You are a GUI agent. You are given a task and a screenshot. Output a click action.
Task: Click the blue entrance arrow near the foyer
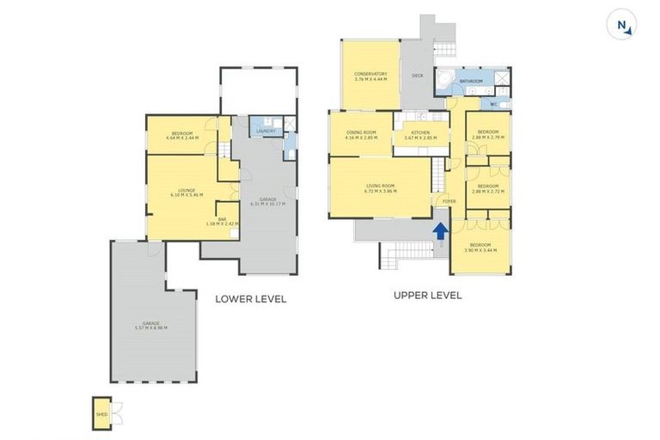coord(440,230)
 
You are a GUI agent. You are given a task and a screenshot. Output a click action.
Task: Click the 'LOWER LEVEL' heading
coord(251,299)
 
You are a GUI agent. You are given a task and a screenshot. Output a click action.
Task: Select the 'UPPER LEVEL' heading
coord(427,295)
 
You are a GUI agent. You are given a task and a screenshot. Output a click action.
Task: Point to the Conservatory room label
coord(370,74)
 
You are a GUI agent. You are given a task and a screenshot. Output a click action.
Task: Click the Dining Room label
coord(361,133)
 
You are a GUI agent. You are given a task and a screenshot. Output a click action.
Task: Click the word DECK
coord(418,76)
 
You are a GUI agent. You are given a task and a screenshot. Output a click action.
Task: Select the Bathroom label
coord(471,82)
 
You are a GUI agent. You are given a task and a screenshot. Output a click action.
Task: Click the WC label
coord(493,105)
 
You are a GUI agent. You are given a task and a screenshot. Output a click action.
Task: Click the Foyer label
coord(449,201)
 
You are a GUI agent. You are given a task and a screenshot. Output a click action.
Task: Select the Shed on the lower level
coord(101,412)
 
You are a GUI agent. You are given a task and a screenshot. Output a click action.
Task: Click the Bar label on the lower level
coord(222,221)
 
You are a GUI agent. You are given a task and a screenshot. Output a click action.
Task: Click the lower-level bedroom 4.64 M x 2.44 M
coord(181,135)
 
